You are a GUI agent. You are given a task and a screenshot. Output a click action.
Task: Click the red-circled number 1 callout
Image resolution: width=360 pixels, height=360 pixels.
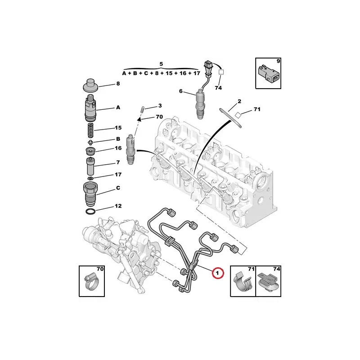coord(218,273)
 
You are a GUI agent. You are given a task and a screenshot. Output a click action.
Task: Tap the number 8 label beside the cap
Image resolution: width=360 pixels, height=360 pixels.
coord(118,84)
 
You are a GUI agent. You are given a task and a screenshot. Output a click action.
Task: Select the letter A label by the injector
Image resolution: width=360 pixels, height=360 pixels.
coord(118,108)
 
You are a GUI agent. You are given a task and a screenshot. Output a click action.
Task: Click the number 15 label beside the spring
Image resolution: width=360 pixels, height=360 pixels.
coord(118,128)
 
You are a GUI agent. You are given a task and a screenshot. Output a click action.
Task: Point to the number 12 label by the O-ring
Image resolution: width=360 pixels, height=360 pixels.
coord(118,207)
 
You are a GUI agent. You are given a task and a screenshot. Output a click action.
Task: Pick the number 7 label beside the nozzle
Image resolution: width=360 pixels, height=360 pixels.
coord(118,162)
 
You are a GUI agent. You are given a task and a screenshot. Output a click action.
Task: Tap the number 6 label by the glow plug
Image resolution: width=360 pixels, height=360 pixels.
coord(181,91)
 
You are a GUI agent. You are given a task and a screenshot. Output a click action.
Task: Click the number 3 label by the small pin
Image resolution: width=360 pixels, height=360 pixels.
coord(159,106)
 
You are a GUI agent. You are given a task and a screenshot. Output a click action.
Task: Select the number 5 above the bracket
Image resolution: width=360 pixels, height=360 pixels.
coord(162,64)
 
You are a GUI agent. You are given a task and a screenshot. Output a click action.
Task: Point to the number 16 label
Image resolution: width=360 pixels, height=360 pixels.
coord(118,148)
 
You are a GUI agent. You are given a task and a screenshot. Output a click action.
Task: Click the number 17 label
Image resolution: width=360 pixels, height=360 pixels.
coord(118,175)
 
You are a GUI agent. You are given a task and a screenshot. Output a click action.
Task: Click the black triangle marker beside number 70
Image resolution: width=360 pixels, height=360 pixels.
coord(140,118)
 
